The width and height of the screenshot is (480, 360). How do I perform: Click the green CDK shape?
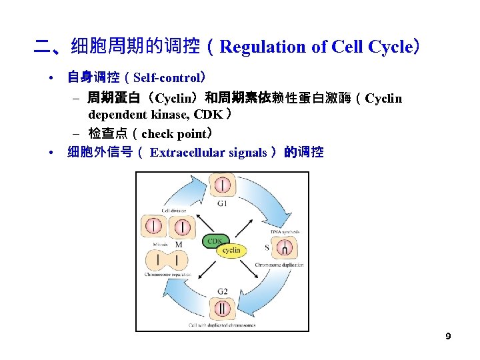pos(215,241)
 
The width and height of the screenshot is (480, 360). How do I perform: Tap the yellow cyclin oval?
pos(231,251)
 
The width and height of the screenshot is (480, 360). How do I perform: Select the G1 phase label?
pos(222,203)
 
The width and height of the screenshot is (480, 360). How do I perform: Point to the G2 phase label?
pos(222,292)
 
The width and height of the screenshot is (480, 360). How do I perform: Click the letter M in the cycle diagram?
pos(179,245)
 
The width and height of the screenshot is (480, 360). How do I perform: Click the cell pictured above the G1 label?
pos(221,184)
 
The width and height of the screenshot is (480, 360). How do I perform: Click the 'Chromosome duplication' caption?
pos(279,265)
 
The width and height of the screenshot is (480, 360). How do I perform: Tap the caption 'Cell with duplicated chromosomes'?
pos(222,325)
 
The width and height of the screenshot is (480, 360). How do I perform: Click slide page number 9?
pos(448,336)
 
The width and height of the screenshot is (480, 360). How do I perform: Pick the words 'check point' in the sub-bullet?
pos(173,133)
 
